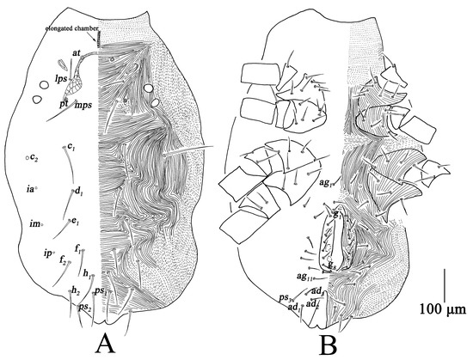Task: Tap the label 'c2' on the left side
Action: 34,157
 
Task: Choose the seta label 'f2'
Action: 64,260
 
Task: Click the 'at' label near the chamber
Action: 77,53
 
